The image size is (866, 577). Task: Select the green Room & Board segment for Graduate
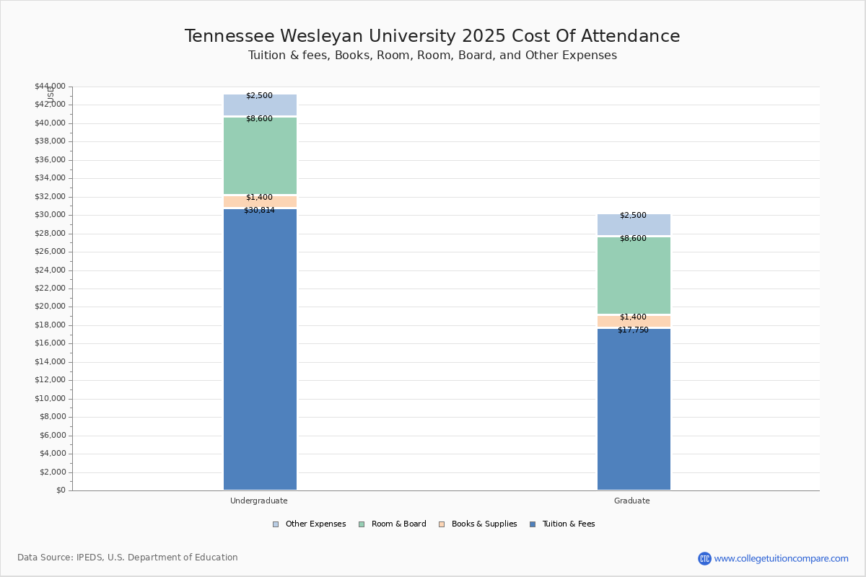pyautogui.click(x=634, y=278)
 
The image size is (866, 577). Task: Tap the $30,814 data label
pyautogui.click(x=259, y=211)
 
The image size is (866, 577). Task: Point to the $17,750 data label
pyautogui.click(x=633, y=330)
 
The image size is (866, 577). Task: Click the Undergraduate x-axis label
pyautogui.click(x=259, y=501)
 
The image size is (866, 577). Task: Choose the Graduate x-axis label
pyautogui.click(x=632, y=501)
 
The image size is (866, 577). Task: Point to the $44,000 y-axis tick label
pyautogui.click(x=50, y=87)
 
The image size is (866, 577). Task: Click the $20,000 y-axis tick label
pyautogui.click(x=50, y=307)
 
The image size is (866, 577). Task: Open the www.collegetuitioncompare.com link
pyautogui.click(x=781, y=558)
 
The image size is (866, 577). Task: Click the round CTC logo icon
pyautogui.click(x=704, y=558)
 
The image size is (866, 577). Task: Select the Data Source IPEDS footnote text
pyautogui.click(x=128, y=558)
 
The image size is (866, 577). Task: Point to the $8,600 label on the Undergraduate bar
pyautogui.click(x=259, y=119)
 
